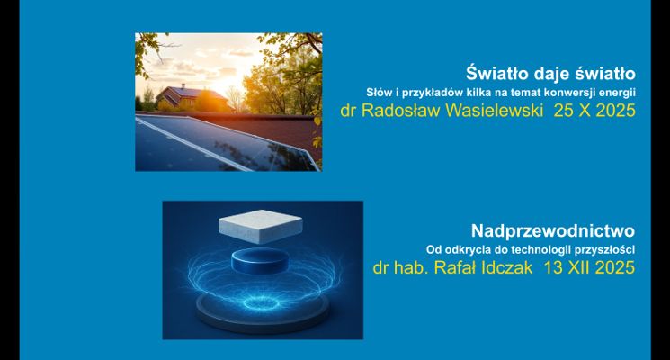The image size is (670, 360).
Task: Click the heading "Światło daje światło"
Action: coord(551,72)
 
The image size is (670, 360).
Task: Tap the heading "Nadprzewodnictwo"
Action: coord(553,229)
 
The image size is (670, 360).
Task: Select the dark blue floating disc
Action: coord(262,262)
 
